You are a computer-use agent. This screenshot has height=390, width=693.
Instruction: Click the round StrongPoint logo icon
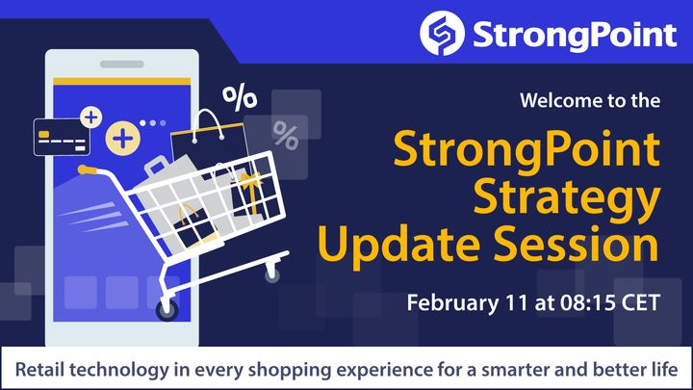(442, 33)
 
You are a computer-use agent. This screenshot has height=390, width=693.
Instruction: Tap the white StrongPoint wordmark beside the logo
(575, 36)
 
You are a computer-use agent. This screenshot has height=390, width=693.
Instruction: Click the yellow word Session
(577, 244)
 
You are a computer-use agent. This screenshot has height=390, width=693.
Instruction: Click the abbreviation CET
(641, 303)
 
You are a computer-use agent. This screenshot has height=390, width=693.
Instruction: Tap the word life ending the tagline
(666, 369)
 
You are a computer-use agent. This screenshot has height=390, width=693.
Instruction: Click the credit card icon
(62, 137)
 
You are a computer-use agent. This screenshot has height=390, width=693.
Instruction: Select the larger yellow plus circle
(123, 139)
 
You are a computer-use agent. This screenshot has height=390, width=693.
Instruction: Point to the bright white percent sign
(239, 97)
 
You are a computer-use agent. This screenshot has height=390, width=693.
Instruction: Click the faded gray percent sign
(286, 136)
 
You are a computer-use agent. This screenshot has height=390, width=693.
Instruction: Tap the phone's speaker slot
(122, 65)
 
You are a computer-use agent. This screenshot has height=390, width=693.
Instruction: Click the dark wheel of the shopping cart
(167, 309)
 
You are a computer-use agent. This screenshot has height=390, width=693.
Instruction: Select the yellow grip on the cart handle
(87, 169)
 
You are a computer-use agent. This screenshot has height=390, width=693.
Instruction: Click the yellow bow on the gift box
(251, 181)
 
